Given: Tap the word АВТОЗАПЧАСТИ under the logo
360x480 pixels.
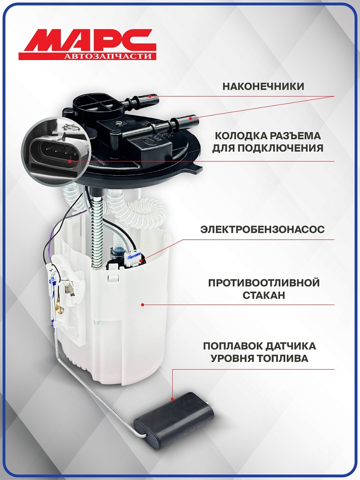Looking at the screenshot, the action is tap(108, 56).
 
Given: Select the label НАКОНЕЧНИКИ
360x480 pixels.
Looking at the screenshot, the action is tap(263, 86).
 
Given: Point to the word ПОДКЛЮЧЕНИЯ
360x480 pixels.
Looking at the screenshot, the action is tap(280, 148).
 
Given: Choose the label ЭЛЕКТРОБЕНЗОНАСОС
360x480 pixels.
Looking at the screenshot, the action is tap(263, 229).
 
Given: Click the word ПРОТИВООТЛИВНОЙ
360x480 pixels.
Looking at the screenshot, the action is tap(264, 283).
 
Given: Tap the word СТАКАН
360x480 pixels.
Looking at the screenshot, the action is tap(264, 295).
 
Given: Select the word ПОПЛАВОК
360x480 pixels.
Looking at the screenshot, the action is tap(233, 346).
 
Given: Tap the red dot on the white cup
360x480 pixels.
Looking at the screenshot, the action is tap(143, 304).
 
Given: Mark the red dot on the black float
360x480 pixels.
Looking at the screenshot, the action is tap(172, 399).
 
